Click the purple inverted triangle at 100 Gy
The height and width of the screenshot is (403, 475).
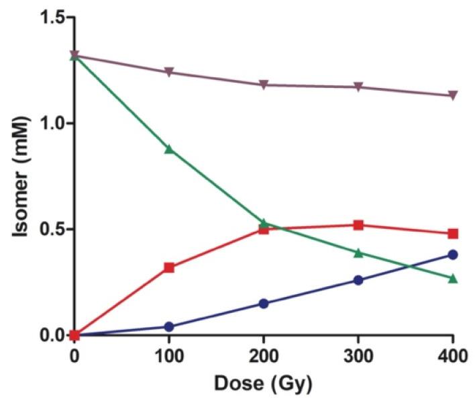(169, 72)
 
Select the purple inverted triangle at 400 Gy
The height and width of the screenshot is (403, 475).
(453, 95)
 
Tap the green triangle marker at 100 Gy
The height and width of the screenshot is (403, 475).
(169, 148)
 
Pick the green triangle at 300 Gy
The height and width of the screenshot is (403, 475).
(358, 253)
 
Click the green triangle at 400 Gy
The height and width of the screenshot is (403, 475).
(453, 277)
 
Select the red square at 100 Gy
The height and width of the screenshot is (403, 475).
(169, 267)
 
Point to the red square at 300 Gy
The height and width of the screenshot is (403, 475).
(358, 225)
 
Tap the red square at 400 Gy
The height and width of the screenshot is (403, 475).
(453, 234)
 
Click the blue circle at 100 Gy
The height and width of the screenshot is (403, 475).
(169, 326)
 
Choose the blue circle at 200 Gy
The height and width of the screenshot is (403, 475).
(264, 304)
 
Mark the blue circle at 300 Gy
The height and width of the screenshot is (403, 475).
(358, 280)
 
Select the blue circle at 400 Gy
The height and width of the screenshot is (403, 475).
(453, 255)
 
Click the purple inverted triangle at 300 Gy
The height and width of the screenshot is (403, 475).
(358, 87)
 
